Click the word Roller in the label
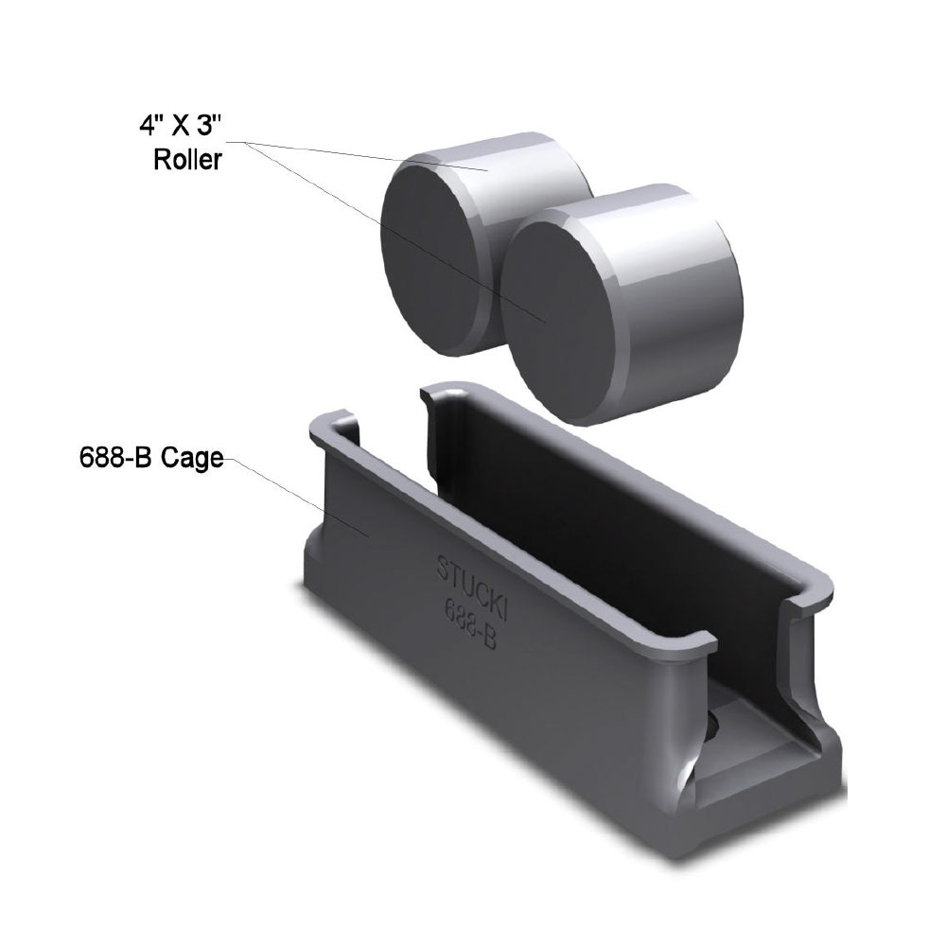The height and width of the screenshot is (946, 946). (x=187, y=160)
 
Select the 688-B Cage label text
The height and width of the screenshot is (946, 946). (x=150, y=459)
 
